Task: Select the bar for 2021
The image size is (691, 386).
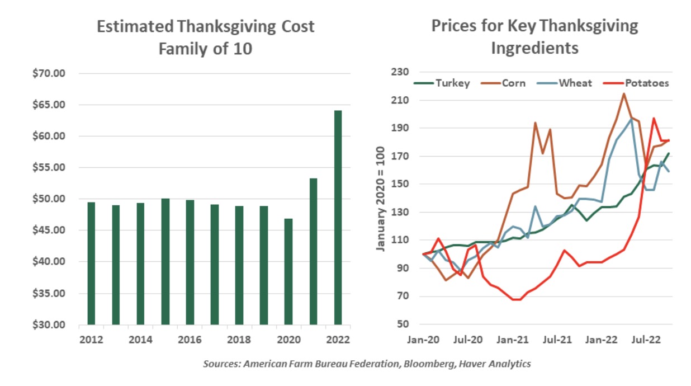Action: click(x=313, y=251)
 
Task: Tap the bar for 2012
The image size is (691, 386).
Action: click(x=91, y=263)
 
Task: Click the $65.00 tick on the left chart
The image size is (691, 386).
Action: click(x=50, y=105)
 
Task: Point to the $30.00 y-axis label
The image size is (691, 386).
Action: click(x=50, y=324)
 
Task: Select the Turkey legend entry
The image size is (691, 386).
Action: click(x=442, y=83)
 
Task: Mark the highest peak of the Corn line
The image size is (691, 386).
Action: click(x=623, y=93)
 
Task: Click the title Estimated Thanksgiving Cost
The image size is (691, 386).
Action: click(x=206, y=26)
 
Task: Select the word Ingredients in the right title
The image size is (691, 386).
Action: click(x=534, y=48)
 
